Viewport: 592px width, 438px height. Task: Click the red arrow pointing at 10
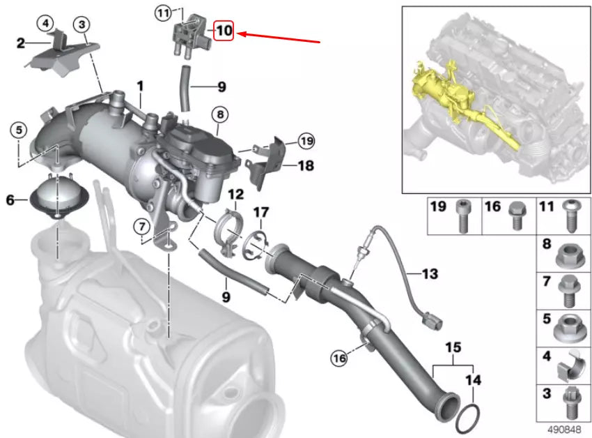coord(279,37)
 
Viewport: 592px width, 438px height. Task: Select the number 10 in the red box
coord(224,31)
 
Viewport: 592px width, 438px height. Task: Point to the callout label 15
coord(453,347)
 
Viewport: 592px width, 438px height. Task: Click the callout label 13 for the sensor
coord(430,274)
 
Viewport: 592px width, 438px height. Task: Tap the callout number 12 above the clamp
coord(235,194)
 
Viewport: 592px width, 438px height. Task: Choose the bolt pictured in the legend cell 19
coord(461,217)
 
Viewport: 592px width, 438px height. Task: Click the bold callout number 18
coord(306,166)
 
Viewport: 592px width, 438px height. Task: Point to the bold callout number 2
coord(22,43)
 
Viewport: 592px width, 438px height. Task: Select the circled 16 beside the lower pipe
coord(338,358)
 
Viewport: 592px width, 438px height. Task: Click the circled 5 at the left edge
coord(18,129)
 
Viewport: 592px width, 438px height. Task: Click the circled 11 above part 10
coord(163,13)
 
